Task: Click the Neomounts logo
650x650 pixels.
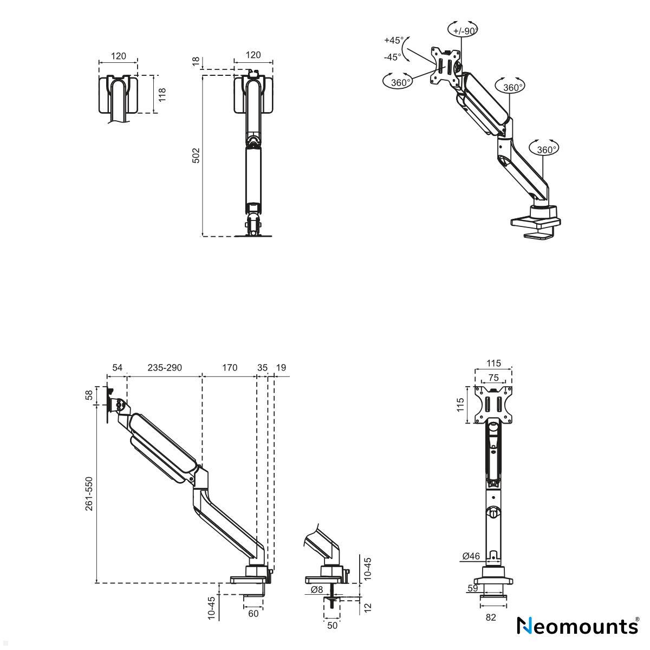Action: click(x=578, y=626)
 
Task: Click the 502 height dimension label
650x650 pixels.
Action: click(x=196, y=155)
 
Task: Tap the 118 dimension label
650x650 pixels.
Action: click(x=162, y=95)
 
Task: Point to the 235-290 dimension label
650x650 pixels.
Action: click(x=165, y=367)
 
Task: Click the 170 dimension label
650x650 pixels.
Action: click(x=230, y=367)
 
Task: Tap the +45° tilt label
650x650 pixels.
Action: click(x=394, y=40)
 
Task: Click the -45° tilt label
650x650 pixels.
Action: click(x=393, y=57)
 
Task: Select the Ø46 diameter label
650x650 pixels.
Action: click(x=471, y=556)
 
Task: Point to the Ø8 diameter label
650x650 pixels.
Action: click(x=317, y=589)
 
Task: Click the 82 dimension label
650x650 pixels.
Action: click(x=491, y=617)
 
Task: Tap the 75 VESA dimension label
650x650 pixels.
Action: click(x=493, y=378)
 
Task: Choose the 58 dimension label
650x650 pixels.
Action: click(x=89, y=395)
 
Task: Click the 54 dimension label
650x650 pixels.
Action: click(x=117, y=367)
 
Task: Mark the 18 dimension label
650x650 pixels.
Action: click(x=196, y=62)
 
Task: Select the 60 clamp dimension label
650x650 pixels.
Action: click(x=253, y=614)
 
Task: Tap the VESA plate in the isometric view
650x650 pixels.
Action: click(x=446, y=66)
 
